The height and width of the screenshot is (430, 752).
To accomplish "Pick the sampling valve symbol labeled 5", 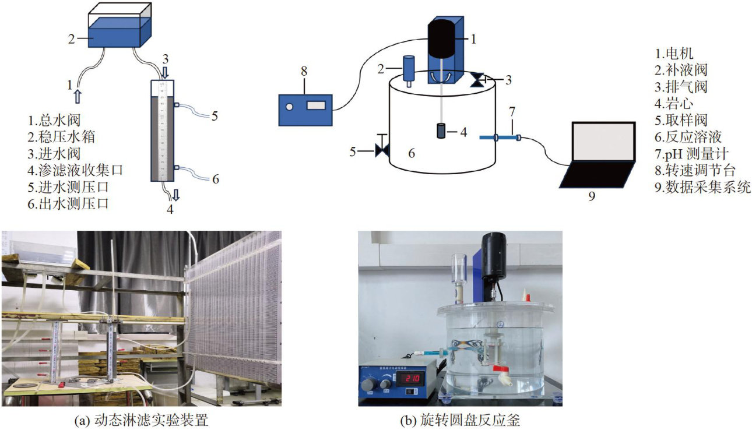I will coord(382,150).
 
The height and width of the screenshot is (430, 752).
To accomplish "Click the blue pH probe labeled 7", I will coord(498,138).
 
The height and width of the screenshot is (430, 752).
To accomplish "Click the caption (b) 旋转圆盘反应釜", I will coord(460,420).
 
